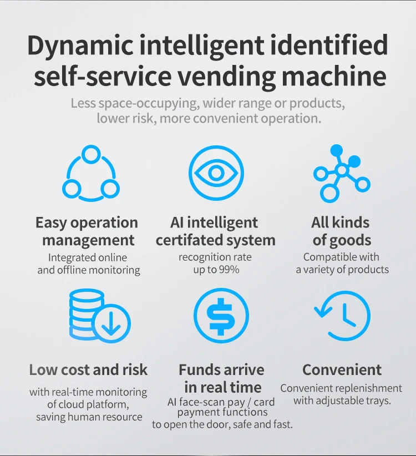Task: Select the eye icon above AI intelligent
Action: (x=216, y=173)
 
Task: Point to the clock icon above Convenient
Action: (x=342, y=315)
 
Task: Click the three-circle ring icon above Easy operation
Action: (x=90, y=173)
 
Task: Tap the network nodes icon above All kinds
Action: (x=341, y=173)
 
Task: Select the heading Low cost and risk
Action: (x=89, y=369)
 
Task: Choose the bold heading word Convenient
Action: (x=342, y=369)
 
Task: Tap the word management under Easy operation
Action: (x=88, y=240)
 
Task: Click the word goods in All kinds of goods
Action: (x=349, y=240)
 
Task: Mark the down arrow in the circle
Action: (x=111, y=323)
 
